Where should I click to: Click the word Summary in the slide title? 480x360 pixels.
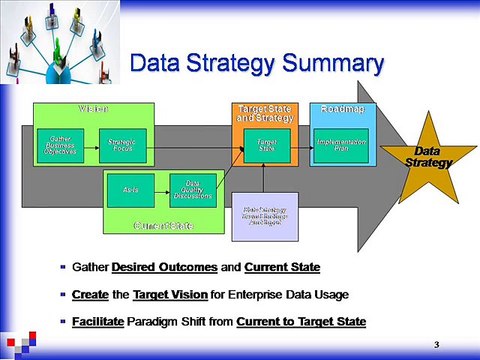pos(323,64)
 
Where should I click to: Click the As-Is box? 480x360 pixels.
pos(131,189)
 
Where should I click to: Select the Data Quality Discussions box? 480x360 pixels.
pos(192,189)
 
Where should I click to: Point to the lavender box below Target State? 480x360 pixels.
pos(264,216)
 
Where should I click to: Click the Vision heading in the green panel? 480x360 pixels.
pos(93,108)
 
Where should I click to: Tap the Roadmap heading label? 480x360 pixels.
pos(342,108)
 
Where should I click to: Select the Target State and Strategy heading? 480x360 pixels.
pos(265,113)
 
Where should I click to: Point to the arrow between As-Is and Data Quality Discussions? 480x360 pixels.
pos(163,189)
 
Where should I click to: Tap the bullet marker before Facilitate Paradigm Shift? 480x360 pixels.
pos(64,321)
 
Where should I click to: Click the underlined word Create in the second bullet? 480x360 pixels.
pos(91,295)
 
